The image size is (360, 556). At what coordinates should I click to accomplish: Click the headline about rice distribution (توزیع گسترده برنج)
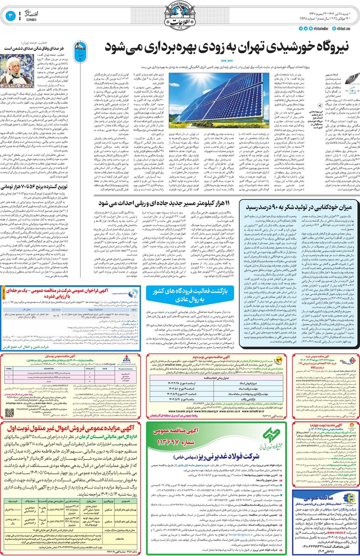[x=44, y=186]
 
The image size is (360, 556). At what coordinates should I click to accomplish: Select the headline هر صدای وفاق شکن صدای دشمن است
[x=38, y=48]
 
